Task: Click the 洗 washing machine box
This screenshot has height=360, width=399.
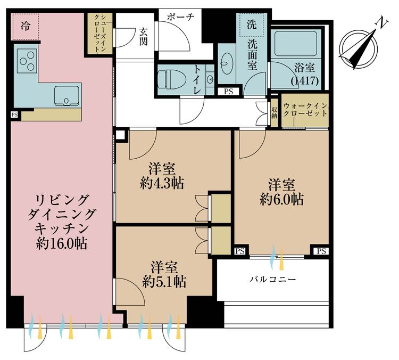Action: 251,24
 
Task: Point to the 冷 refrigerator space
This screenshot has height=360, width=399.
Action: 25,26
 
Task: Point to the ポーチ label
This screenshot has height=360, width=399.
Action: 180,17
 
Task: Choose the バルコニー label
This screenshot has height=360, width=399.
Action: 273,279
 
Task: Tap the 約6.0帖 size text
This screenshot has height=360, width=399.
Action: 281,199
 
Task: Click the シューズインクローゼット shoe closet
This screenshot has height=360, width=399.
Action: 99,33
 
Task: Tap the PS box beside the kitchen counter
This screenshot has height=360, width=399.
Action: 14,114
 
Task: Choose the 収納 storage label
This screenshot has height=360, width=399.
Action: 274,112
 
